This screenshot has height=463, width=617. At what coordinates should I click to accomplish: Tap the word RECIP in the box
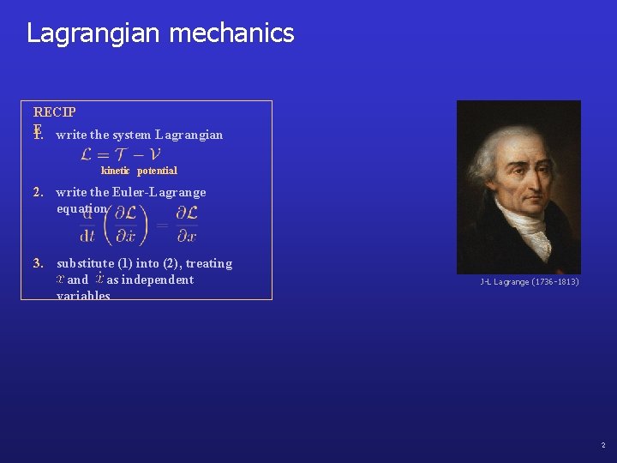point(54,112)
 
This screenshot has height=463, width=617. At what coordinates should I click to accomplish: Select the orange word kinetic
point(116,171)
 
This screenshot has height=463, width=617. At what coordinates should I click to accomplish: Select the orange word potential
point(157,171)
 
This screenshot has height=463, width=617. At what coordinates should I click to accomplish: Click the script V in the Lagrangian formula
point(153,154)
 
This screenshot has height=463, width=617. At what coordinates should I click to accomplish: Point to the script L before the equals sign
point(87,154)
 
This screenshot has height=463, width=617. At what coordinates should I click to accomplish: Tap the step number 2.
point(38,192)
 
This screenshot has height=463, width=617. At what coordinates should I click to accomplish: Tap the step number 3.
point(38,263)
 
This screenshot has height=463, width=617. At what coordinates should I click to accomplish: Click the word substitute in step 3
point(85,263)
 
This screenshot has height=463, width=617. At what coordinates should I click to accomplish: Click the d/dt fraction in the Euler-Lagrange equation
point(87,225)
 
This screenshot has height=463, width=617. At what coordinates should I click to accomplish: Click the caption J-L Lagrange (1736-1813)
point(529,282)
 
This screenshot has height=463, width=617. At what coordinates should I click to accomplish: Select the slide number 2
point(602,445)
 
